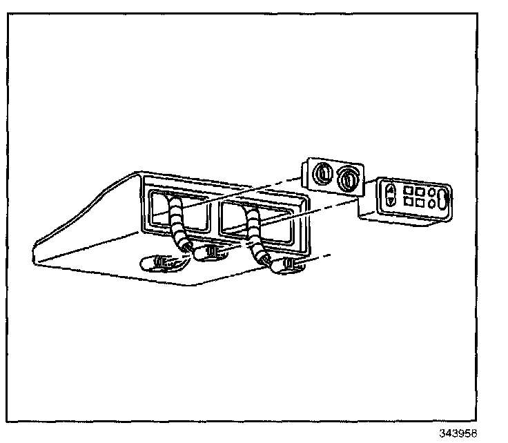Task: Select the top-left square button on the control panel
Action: (408, 190)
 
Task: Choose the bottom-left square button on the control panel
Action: (408, 202)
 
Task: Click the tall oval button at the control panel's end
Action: (442, 198)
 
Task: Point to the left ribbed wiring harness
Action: (179, 221)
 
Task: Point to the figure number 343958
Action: (458, 434)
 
